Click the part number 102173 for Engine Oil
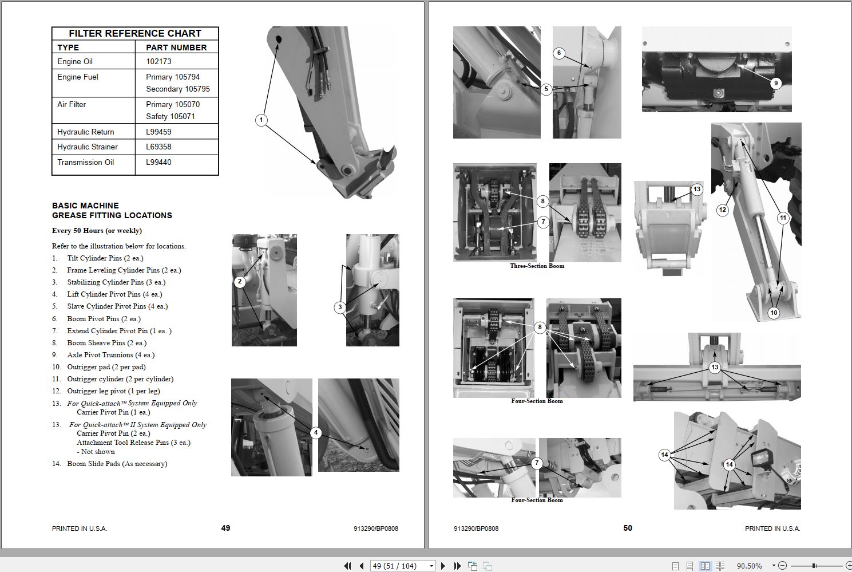coord(158,61)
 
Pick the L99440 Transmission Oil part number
coord(158,162)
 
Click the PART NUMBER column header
coord(176,48)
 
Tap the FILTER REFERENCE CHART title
coord(135,33)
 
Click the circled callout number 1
coord(261,120)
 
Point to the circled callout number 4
coord(316,432)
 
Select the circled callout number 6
coord(559,53)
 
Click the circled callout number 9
coord(776,83)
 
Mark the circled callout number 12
coord(722,210)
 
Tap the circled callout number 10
coord(774,313)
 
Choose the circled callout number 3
coord(340,307)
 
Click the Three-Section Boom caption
coord(537,266)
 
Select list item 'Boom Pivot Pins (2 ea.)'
coord(104,319)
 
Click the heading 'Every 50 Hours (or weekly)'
coord(97,231)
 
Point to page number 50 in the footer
coord(628,528)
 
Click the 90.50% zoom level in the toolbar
coord(749,566)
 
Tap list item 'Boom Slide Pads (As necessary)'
coord(117,464)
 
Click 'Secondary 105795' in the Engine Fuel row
coord(177,89)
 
